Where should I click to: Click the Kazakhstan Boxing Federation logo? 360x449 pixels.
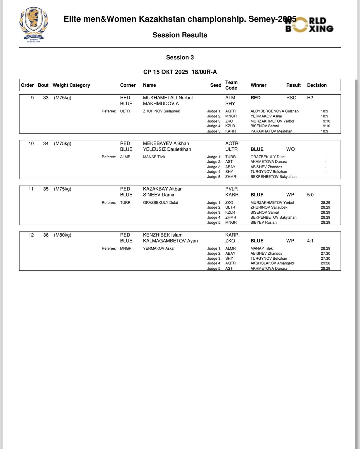click(x=34, y=25)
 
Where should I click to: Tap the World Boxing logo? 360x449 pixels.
click(x=309, y=25)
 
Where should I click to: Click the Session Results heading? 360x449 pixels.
click(x=180, y=35)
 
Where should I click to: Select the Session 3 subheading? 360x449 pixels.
click(x=180, y=57)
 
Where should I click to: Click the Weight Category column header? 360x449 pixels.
click(x=71, y=85)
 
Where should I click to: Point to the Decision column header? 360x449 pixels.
click(x=317, y=85)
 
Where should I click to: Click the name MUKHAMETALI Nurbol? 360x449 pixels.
click(x=168, y=98)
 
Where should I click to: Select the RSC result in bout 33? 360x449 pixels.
click(x=291, y=98)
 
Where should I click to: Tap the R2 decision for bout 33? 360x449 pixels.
click(x=310, y=98)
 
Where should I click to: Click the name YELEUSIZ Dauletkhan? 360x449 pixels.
click(x=167, y=149)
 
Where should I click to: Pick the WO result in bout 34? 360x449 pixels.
click(x=290, y=149)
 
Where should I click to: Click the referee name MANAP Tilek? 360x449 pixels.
click(x=154, y=157)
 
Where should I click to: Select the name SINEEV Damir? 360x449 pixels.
click(x=159, y=195)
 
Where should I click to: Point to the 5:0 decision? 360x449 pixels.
click(x=310, y=195)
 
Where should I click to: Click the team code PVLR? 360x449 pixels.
click(x=231, y=189)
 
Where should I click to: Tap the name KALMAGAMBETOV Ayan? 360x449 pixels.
click(x=170, y=241)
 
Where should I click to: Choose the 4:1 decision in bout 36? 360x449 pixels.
click(x=310, y=241)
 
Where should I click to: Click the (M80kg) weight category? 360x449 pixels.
click(x=63, y=235)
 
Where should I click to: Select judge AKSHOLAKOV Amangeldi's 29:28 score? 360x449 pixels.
click(x=325, y=263)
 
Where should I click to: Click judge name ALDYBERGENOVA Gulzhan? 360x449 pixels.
click(x=274, y=111)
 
